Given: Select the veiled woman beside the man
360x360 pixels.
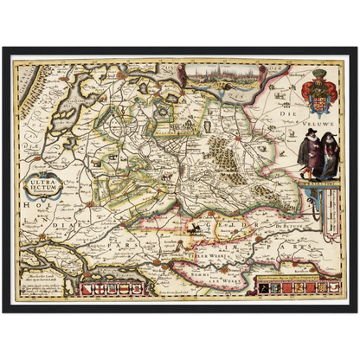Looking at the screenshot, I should click(309, 151).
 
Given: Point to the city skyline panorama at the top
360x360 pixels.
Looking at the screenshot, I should click(218, 76).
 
